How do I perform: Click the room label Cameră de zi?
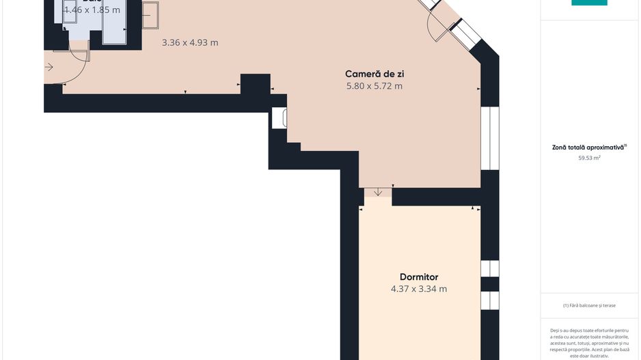click(x=379, y=74)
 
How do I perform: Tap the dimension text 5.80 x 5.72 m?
click(x=374, y=86)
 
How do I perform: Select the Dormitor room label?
click(x=419, y=277)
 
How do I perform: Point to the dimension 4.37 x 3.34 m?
click(x=419, y=289)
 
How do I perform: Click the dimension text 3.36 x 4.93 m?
click(x=190, y=42)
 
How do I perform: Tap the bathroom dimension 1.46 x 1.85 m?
click(x=92, y=10)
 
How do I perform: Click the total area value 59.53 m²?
click(x=589, y=158)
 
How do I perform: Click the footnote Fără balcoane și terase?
click(x=589, y=305)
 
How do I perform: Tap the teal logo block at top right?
click(x=589, y=3)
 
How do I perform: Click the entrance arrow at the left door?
click(x=49, y=67)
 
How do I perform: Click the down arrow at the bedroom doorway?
click(x=378, y=192)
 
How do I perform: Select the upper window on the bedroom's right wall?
click(x=489, y=268)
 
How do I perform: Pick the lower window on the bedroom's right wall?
click(x=489, y=301)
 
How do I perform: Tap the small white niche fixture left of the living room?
click(x=279, y=118)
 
